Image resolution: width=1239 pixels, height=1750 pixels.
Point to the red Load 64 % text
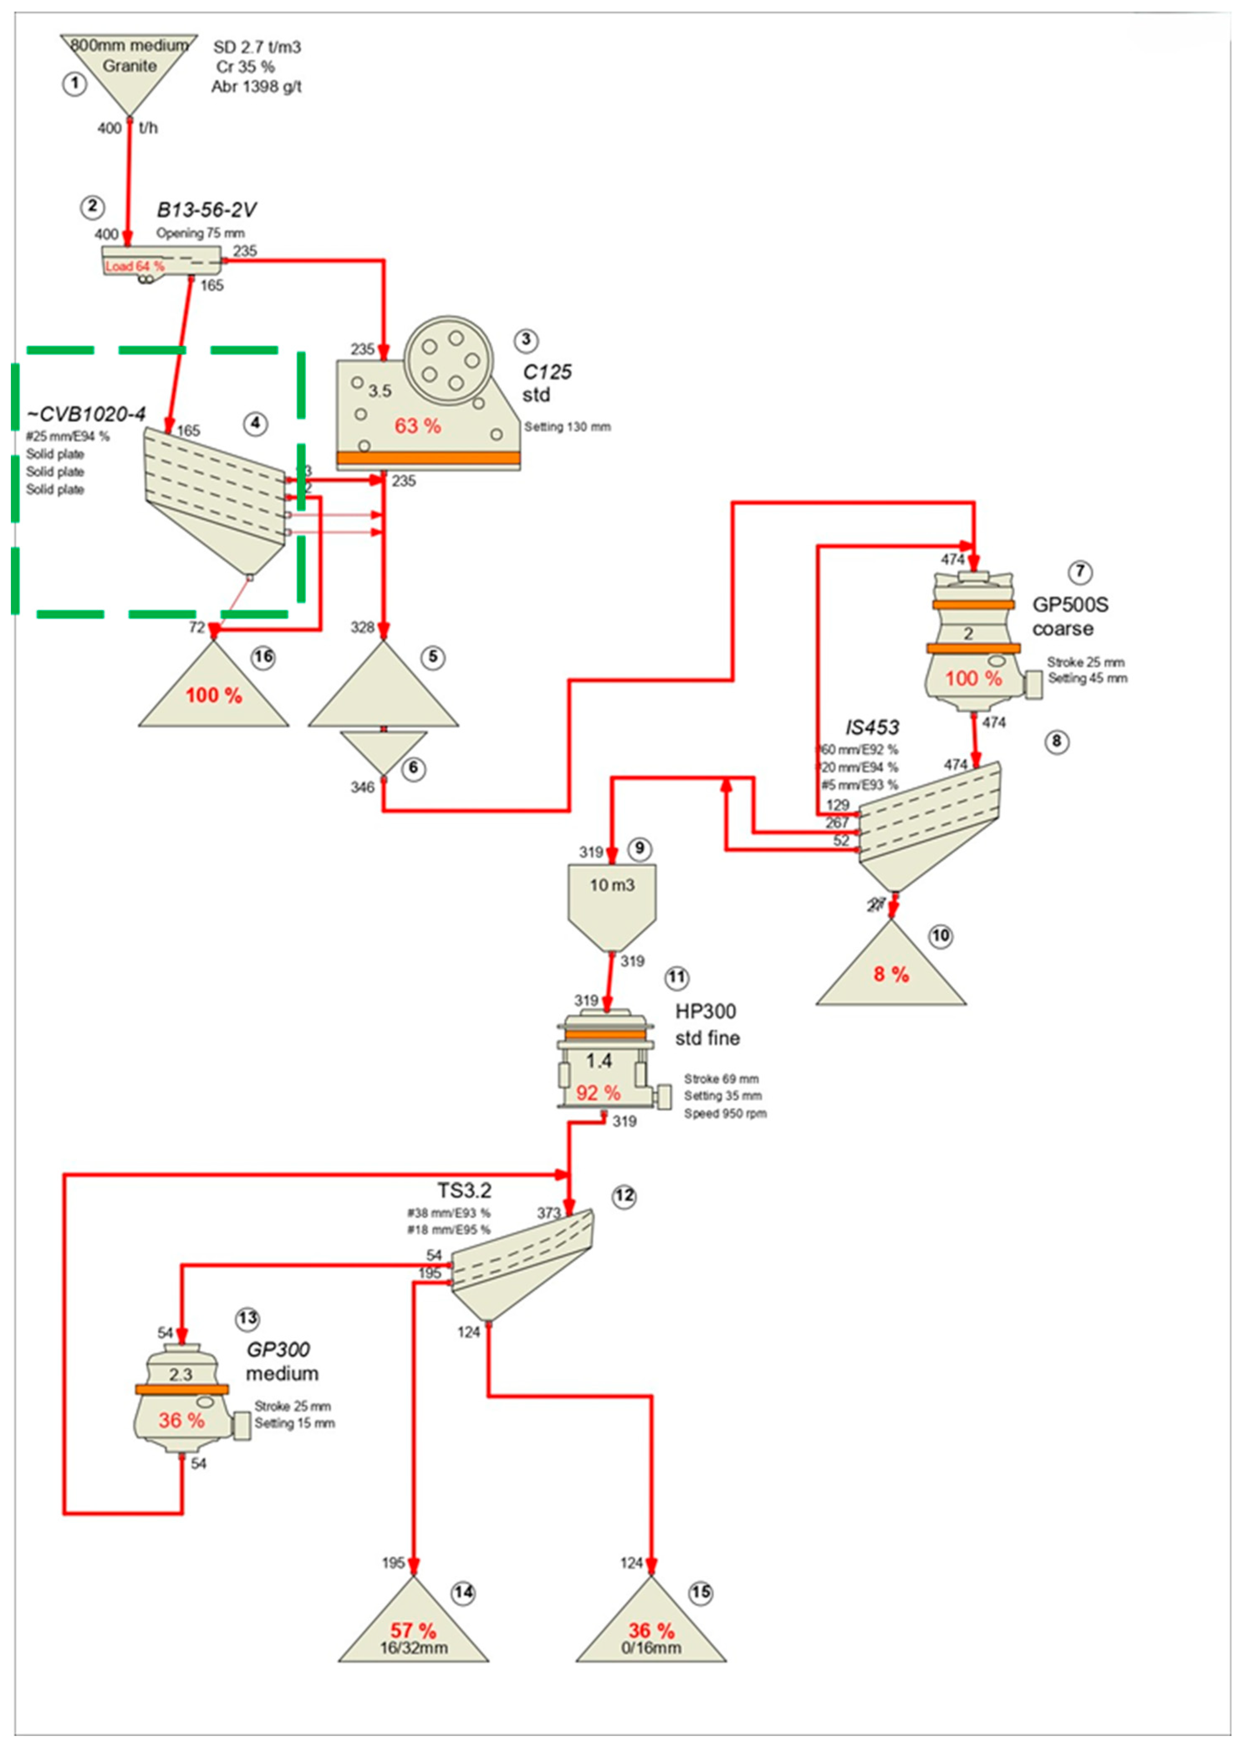pyautogui.click(x=134, y=266)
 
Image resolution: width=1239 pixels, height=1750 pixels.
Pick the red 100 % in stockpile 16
pyautogui.click(x=214, y=695)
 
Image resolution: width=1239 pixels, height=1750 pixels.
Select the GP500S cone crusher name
pyautogui.click(x=1071, y=605)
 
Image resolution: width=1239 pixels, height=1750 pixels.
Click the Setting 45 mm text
pyautogui.click(x=1087, y=678)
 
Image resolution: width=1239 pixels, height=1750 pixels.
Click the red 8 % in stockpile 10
pyautogui.click(x=891, y=974)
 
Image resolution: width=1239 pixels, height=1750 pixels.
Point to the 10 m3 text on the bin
pyautogui.click(x=612, y=886)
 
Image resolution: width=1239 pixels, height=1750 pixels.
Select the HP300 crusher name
pyautogui.click(x=706, y=1011)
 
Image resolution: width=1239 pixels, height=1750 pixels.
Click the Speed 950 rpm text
pyautogui.click(x=725, y=1114)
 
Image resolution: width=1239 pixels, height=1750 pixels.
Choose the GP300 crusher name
pyautogui.click(x=278, y=1350)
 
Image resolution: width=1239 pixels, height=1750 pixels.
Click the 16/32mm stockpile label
pyautogui.click(x=414, y=1648)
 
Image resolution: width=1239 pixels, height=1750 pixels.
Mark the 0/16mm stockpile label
pyautogui.click(x=651, y=1648)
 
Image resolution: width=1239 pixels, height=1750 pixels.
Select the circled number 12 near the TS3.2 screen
pyautogui.click(x=624, y=1195)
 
